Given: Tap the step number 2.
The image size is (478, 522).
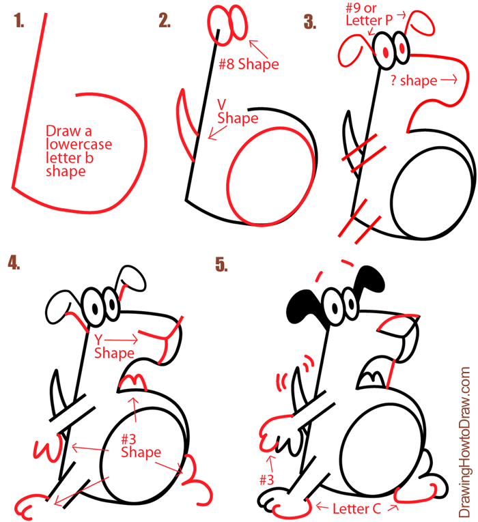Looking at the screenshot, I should [164, 22].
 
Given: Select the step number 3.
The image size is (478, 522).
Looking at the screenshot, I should [311, 22].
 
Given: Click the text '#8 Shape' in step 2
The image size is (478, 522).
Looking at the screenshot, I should [249, 64].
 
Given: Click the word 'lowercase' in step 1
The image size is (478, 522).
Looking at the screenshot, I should [79, 144].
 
